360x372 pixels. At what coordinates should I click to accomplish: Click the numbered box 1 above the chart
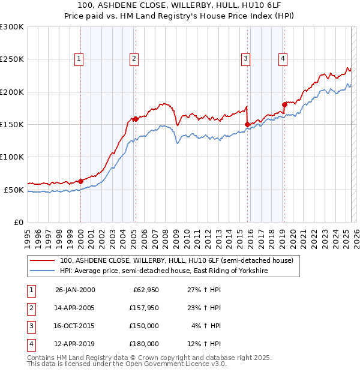79,58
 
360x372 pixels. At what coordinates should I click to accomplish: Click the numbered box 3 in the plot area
246,58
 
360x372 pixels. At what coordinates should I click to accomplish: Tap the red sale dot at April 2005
136,119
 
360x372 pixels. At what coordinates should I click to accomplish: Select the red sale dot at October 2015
247,124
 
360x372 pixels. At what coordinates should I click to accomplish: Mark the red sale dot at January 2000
80,181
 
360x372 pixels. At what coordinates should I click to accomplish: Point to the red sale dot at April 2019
284,104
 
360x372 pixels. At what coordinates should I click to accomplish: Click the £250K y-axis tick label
12,59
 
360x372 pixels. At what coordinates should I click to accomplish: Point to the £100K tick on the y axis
12,157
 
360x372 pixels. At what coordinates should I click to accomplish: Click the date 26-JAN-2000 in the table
75,290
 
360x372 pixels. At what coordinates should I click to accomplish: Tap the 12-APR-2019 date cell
75,344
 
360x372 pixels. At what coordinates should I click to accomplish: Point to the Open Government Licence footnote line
127,364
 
